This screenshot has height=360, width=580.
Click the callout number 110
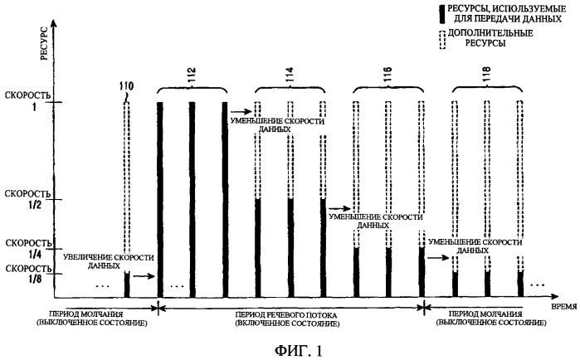[x=126, y=86]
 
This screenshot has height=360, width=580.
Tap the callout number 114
[x=290, y=75]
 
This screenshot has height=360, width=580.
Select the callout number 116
[x=387, y=75]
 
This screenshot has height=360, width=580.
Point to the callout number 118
[x=486, y=75]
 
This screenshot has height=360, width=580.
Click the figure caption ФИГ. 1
[x=298, y=350]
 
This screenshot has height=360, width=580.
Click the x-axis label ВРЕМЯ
[x=563, y=306]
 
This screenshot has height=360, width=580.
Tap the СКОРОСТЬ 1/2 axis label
[x=27, y=199]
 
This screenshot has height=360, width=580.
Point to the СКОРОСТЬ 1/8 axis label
[x=28, y=273]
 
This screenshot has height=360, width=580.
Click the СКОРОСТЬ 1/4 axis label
[x=28, y=249]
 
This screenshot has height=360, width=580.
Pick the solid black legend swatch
[x=442, y=14]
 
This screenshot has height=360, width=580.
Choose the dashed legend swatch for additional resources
[x=442, y=40]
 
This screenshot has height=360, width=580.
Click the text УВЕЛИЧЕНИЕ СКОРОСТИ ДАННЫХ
[x=108, y=261]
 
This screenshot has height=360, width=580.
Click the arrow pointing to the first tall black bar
[x=144, y=275]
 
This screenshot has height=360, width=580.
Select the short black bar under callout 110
[x=127, y=285]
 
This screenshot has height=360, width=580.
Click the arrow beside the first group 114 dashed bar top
[x=241, y=110]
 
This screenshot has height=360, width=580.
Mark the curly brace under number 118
[x=488, y=89]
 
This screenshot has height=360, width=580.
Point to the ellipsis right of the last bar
[x=538, y=285]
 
